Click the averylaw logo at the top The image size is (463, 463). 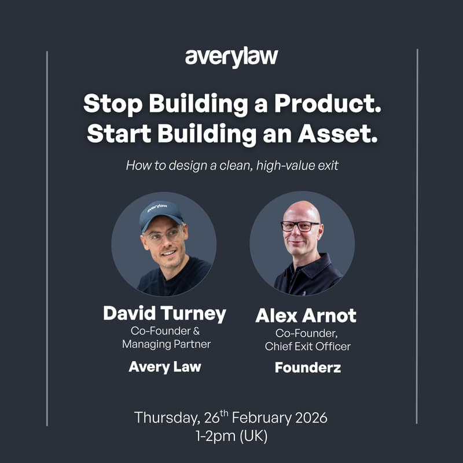[x=231, y=58]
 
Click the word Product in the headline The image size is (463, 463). [x=327, y=104]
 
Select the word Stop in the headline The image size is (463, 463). [x=112, y=104]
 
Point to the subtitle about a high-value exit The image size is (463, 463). [x=231, y=166]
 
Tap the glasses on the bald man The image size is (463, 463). [x=300, y=226]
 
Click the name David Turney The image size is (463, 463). [x=164, y=313]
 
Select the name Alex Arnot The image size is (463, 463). [x=306, y=315]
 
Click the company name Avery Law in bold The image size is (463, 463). [x=164, y=366]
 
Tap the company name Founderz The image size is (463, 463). [x=307, y=367]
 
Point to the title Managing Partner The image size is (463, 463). [x=166, y=344]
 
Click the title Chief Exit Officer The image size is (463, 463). [x=308, y=346]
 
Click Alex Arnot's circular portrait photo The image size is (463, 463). [x=302, y=243]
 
